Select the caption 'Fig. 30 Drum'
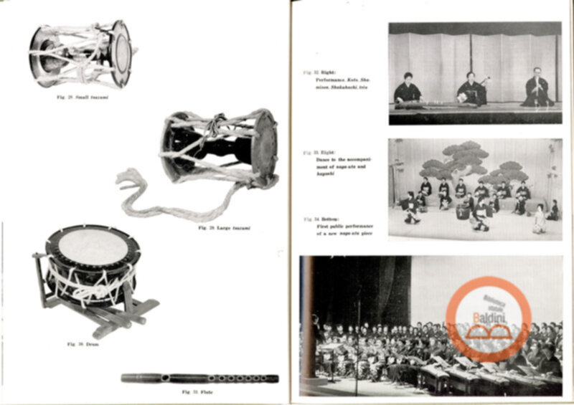[x=81, y=344]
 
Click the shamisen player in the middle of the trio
[x=472, y=89]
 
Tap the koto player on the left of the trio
[x=408, y=90]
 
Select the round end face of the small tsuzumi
[x=121, y=53]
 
